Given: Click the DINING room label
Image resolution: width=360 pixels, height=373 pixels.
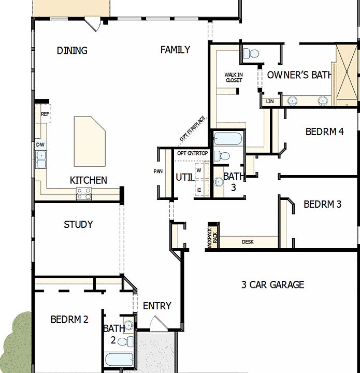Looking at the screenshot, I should point(72,50).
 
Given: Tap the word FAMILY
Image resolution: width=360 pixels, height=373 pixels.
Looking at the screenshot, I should point(175,50).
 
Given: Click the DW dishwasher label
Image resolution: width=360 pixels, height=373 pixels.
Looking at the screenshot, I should point(40,145).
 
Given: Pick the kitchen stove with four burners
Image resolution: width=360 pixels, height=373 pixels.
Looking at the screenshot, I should point(84,194).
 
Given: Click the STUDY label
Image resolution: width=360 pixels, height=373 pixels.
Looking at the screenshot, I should point(78,224).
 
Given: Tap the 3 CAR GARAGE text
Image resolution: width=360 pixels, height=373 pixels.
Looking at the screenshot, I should point(272,284).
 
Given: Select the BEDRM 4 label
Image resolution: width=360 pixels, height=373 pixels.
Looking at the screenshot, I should point(324,132).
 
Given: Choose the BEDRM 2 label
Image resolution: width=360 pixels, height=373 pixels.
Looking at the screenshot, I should point(69,319).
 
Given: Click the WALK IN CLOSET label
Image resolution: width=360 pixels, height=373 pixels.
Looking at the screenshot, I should point(234,77).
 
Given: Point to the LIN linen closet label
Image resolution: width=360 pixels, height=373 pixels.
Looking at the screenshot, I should point(269,102).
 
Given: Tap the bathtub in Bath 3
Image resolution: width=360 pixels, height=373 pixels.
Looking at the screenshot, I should point(228,139).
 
